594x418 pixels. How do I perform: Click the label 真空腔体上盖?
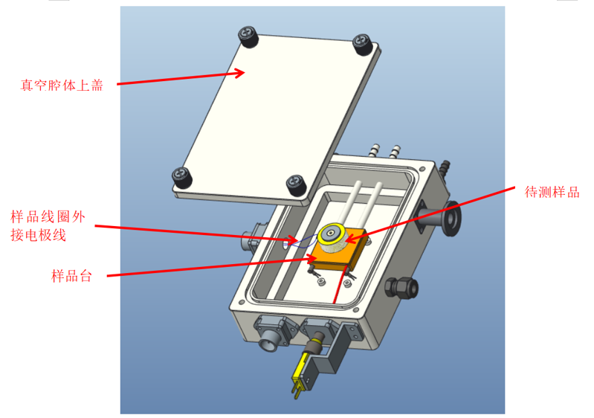[62, 85]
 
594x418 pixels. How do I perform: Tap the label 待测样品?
[552, 192]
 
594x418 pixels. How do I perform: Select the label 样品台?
[71, 275]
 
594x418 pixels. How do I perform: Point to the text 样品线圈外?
[48, 217]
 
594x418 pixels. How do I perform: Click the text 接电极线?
[38, 235]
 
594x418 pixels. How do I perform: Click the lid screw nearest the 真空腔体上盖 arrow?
[248, 36]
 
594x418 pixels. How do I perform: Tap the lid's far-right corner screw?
[362, 45]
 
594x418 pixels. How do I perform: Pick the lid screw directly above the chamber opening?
[296, 185]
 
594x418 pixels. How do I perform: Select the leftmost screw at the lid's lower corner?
[182, 177]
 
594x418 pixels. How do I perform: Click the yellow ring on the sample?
[331, 234]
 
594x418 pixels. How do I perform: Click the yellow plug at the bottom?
[300, 373]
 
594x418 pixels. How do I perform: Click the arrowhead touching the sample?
[350, 239]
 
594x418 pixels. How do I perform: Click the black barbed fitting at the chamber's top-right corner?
[444, 167]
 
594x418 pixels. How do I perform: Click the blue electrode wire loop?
[302, 242]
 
